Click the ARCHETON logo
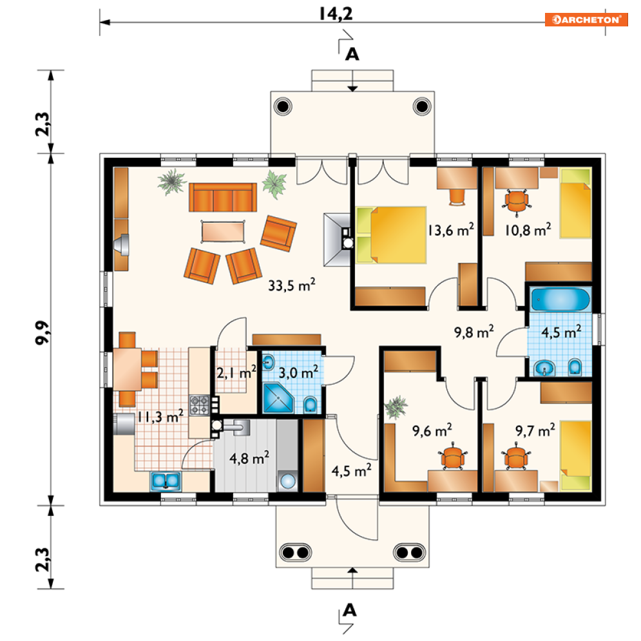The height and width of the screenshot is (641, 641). tap(586, 19)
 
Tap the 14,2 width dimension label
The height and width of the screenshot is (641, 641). tap(336, 14)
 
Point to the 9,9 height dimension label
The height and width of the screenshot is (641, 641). tap(43, 333)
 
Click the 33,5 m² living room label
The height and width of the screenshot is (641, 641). tap(291, 285)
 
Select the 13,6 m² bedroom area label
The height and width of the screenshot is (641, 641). tap(451, 230)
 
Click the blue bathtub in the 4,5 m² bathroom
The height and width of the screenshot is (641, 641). tap(560, 300)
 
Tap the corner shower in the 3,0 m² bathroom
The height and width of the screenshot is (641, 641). tap(278, 397)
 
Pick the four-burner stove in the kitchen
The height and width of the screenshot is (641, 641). tap(200, 405)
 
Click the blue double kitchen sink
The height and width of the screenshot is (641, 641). tap(166, 481)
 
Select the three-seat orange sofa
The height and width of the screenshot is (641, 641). tap(223, 197)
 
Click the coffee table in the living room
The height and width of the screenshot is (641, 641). tap(223, 231)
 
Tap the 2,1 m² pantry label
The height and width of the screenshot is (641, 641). tap(236, 372)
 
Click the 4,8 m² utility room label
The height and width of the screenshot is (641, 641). tap(249, 457)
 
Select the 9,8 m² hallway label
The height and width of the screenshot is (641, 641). tap(474, 332)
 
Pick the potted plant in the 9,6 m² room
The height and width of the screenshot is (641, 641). tap(396, 407)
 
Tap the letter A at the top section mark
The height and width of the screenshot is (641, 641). tap(352, 54)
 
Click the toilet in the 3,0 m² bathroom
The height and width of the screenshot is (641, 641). tap(311, 405)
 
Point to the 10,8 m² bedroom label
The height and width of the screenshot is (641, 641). tap(528, 230)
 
